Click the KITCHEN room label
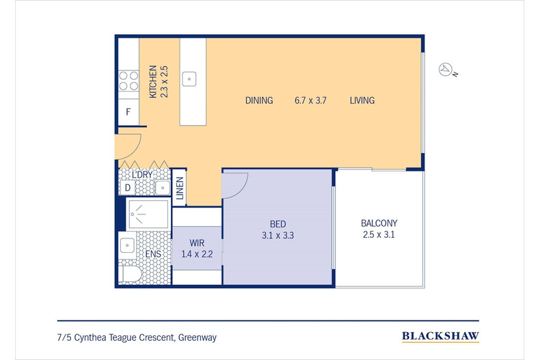click(x=153, y=81)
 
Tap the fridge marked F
click(x=129, y=112)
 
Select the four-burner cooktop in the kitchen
click(x=129, y=81)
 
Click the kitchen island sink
click(x=189, y=79)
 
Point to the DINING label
click(x=259, y=100)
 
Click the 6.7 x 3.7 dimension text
click(x=310, y=100)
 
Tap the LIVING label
click(x=362, y=100)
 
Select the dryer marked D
click(x=128, y=188)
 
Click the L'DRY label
click(x=142, y=175)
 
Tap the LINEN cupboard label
click(x=180, y=188)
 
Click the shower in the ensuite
click(x=148, y=214)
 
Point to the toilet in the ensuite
click(x=130, y=275)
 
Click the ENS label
click(x=153, y=254)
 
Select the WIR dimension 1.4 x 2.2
click(x=197, y=254)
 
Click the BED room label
click(x=278, y=224)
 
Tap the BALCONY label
click(x=379, y=223)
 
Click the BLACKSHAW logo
click(x=440, y=336)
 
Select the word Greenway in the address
click(x=198, y=337)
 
